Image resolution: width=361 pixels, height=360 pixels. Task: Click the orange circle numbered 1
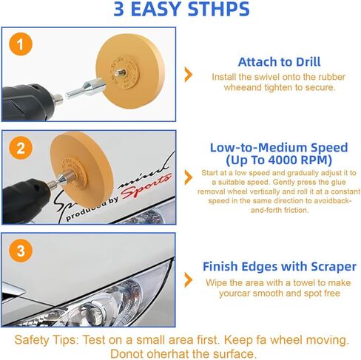21,44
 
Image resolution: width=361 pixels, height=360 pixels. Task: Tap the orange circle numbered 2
21,148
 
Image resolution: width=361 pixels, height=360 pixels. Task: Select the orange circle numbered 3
21,251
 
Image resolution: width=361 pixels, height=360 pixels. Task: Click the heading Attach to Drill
279,62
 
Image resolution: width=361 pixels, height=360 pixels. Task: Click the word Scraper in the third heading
334,267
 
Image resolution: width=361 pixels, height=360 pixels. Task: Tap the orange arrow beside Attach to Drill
189,75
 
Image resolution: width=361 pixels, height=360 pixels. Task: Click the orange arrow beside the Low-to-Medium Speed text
189,177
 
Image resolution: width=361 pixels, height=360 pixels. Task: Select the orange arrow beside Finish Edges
189,280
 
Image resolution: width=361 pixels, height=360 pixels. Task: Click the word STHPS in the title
218,10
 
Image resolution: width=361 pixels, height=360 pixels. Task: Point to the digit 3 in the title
119,10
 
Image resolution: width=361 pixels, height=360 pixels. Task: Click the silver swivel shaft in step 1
84,89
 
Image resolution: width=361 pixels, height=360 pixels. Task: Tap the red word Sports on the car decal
146,187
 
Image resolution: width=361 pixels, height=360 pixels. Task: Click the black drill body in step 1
27,102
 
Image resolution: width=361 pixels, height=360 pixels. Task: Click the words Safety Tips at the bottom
47,341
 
